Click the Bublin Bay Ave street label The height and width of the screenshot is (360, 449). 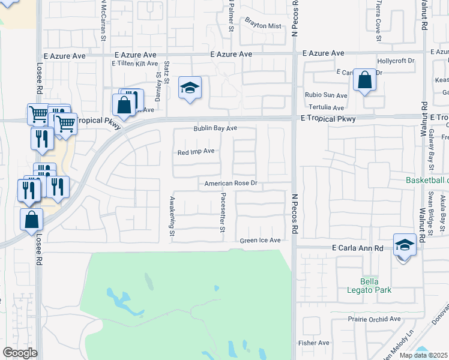click(215, 128)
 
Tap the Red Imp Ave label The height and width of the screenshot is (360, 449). click(196, 152)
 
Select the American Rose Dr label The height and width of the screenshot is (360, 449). click(231, 184)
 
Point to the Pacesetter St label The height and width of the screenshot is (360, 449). click(223, 213)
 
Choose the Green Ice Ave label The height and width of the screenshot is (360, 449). click(261, 241)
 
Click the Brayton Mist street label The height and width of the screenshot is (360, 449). click(262, 26)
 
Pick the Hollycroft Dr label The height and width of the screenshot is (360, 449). click(396, 61)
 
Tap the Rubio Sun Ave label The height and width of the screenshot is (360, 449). click(326, 95)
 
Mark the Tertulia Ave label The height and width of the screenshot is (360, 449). click(327, 108)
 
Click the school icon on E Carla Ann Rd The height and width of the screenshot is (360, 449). click(405, 246)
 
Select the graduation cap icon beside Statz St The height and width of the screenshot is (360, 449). click(190, 89)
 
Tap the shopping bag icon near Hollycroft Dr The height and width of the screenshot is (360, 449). click(364, 80)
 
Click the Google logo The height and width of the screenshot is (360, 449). click(20, 353)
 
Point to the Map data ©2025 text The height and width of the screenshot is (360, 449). click(423, 355)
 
